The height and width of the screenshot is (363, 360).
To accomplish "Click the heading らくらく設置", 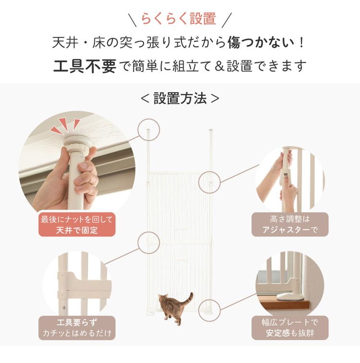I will click(178, 19).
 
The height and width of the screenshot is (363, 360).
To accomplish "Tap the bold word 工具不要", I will click(84, 66).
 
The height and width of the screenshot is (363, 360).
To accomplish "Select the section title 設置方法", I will click(180, 98).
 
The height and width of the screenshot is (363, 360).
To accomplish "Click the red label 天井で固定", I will click(77, 224).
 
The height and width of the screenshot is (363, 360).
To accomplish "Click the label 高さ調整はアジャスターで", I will click(290, 224).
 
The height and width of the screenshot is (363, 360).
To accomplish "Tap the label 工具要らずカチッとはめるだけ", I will click(77, 328).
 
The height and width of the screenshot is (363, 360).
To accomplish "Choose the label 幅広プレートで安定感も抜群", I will click(290, 328).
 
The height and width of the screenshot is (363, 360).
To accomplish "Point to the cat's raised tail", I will click(189, 298).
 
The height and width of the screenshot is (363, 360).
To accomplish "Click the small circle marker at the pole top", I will click(148, 129).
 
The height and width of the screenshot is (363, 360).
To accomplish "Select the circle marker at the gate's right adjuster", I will click(210, 181).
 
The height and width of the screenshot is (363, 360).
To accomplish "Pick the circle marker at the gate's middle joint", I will click(148, 243).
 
